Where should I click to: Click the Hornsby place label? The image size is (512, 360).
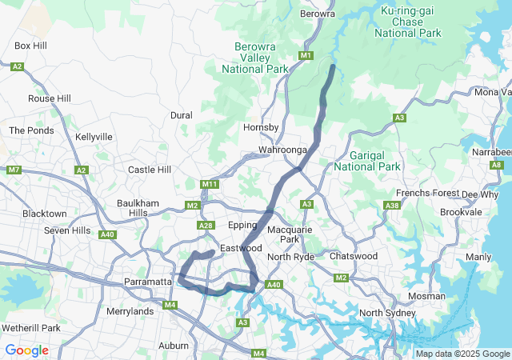[x=260, y=127]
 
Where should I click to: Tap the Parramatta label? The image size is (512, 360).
[x=148, y=282]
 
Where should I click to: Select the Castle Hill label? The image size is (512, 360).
[x=150, y=170]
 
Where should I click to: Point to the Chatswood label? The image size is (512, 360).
[x=353, y=256]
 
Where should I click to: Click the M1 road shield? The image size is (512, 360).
[x=306, y=55]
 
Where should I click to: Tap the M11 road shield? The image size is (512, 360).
[x=210, y=185]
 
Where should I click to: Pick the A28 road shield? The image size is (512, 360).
[x=206, y=226]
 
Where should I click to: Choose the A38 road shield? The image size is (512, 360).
[x=392, y=206]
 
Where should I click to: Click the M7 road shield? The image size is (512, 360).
[x=14, y=170]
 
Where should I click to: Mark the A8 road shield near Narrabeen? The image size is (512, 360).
[x=496, y=165]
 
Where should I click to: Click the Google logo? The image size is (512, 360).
[x=26, y=350]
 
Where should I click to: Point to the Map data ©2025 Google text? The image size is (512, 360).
[x=462, y=354]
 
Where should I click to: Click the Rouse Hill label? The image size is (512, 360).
[x=50, y=98]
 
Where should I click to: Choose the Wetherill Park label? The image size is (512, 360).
[x=31, y=328]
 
